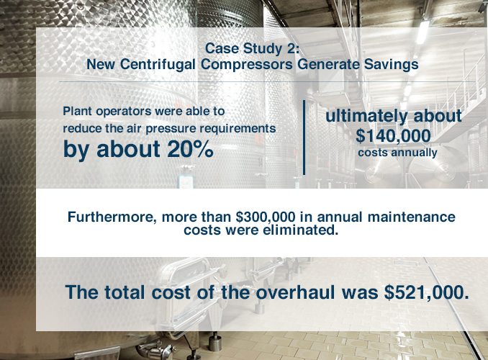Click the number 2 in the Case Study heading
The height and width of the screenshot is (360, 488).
tap(289, 48)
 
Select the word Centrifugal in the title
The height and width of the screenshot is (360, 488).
tap(158, 65)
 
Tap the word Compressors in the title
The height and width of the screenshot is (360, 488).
tap(246, 65)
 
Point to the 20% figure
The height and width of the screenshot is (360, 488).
tap(190, 149)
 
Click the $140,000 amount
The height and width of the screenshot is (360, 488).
tap(393, 136)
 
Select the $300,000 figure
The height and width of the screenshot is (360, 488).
tap(266, 217)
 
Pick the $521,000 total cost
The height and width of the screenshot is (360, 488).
tap(426, 292)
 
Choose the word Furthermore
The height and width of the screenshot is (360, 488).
tap(112, 217)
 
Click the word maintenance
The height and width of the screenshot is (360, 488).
tap(412, 217)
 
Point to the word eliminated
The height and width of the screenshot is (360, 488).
tap(300, 230)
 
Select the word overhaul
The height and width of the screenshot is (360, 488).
tap(295, 292)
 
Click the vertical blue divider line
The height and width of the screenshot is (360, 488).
tap(304, 138)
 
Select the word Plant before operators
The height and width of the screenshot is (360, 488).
tap(78, 111)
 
